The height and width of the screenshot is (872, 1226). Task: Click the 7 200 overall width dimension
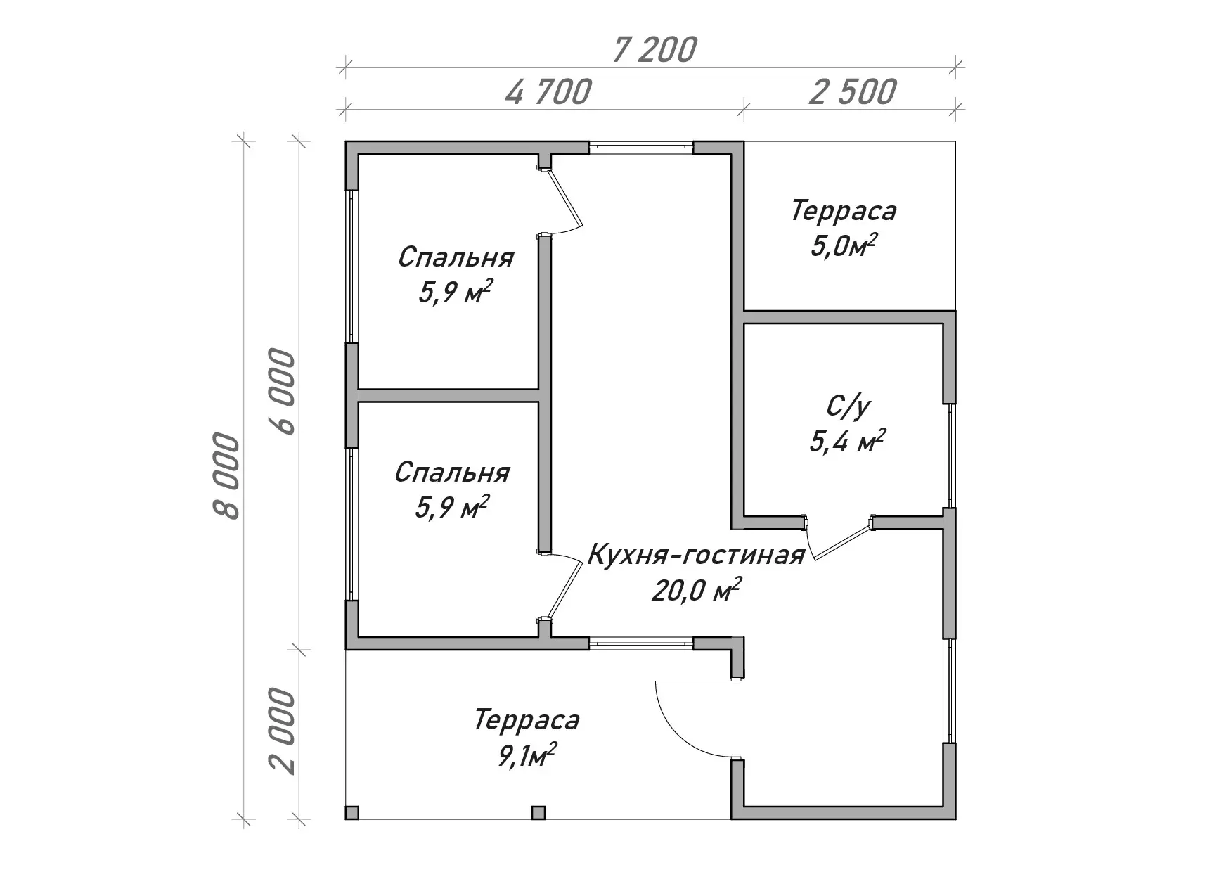coord(654,49)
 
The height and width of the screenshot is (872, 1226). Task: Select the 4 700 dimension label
coord(548,92)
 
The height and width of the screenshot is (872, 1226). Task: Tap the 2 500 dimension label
coord(853,92)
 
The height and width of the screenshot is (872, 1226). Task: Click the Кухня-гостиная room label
coord(695,556)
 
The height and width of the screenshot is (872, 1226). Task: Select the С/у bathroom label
coord(848,407)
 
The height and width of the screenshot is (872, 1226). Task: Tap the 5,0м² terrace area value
coord(844,247)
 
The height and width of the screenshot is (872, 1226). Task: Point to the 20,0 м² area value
coord(696,591)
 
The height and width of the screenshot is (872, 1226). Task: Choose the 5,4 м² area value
coord(847,442)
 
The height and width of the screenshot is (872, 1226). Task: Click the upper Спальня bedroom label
coord(456,257)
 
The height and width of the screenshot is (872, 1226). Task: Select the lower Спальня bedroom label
coord(452,473)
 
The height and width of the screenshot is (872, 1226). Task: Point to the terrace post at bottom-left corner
coord(352,813)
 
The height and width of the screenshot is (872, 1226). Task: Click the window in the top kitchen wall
coord(641,147)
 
